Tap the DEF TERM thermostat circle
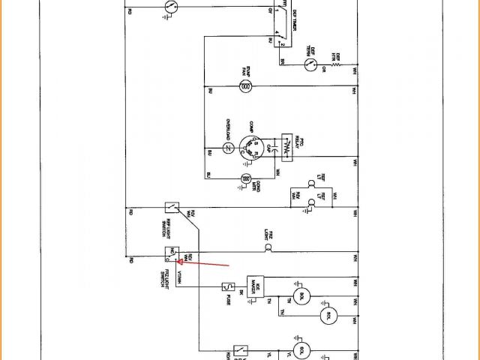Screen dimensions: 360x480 pos(307,51)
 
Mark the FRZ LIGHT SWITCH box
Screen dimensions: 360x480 pos(171,253)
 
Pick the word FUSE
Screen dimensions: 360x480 pos(218,298)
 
